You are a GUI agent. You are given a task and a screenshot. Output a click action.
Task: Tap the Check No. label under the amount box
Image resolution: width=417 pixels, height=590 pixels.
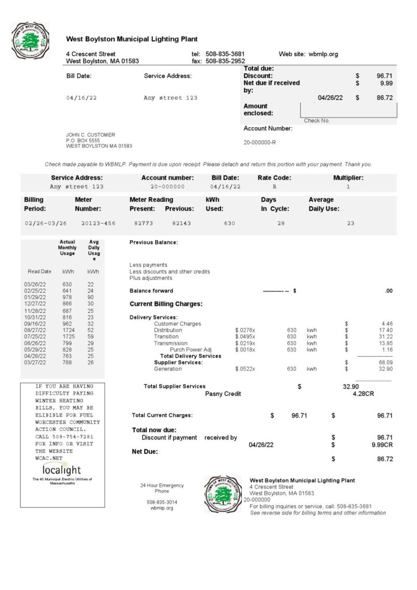316,121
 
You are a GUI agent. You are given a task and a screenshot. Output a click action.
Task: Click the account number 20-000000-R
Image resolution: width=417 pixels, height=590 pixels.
260,142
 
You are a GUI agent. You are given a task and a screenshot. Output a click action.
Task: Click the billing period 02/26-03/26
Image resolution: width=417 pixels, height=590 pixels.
46,222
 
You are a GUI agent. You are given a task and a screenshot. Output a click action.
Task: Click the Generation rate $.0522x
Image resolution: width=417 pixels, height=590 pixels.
245,369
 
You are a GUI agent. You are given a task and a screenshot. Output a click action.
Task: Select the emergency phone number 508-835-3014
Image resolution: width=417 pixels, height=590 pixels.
162,502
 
